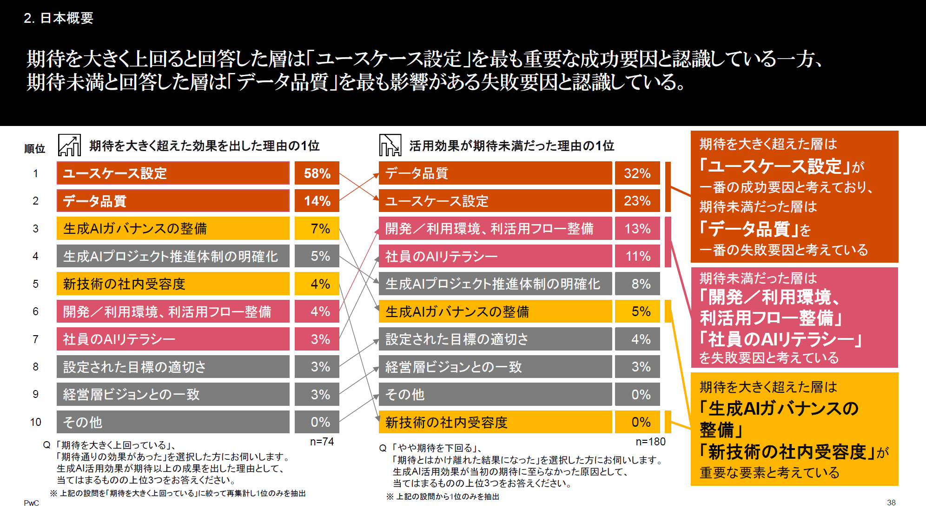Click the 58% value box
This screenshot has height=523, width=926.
[317, 173]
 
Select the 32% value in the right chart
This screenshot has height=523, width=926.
[637, 173]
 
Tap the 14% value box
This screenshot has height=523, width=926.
[317, 201]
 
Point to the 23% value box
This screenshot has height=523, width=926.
[637, 201]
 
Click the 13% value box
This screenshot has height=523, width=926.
[637, 229]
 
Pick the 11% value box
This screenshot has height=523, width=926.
[637, 256]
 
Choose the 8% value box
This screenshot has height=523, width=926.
[637, 284]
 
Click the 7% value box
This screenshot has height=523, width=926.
[317, 229]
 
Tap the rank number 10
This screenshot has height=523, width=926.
[36, 422]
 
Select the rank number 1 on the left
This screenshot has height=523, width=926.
[35, 173]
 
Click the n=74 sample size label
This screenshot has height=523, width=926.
[322, 442]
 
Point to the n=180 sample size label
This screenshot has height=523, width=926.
[650, 442]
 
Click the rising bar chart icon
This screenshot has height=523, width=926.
[69, 145]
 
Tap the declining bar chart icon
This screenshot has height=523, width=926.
[390, 145]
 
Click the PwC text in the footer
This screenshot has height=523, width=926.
[32, 503]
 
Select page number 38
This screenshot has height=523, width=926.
[891, 503]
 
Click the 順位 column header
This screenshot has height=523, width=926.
[35, 149]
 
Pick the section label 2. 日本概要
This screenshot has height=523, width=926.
[59, 18]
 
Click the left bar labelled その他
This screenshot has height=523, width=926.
[173, 422]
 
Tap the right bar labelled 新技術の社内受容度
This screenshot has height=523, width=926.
[495, 422]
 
